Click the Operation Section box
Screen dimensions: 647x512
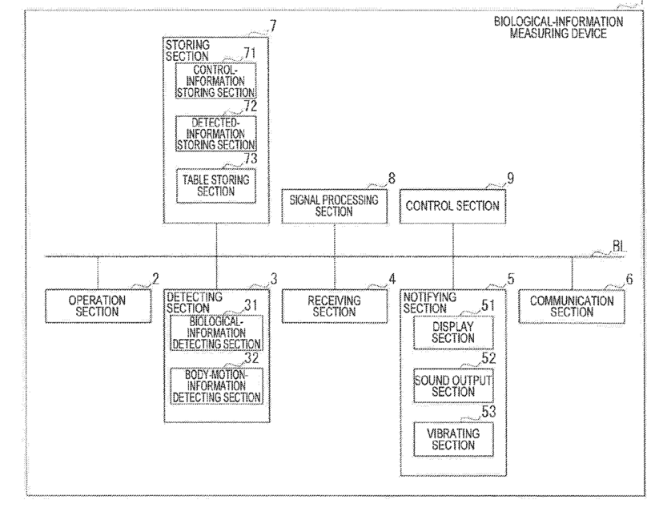[98, 306]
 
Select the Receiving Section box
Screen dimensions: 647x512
[335, 306]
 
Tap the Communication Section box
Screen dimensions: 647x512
[572, 306]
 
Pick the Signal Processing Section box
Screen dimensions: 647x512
[334, 207]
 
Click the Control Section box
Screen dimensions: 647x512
[452, 207]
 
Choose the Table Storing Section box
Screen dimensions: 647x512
[216, 186]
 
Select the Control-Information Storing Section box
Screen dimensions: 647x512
[216, 81]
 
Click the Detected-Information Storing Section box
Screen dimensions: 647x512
[216, 133]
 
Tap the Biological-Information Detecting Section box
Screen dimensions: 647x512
[217, 333]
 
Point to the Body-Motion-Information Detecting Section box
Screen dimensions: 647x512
[217, 386]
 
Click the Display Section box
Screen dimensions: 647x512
[453, 333]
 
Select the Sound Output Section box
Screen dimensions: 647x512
[453, 385]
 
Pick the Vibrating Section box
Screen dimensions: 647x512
[453, 439]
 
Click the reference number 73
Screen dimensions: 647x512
[250, 159]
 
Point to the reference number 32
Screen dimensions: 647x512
[251, 358]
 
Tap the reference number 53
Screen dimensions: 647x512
[488, 412]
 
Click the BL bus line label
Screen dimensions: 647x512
[619, 247]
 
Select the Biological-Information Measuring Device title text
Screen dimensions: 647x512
[558, 27]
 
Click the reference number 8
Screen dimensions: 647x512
[392, 179]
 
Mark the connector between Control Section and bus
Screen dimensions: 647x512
[453, 240]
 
